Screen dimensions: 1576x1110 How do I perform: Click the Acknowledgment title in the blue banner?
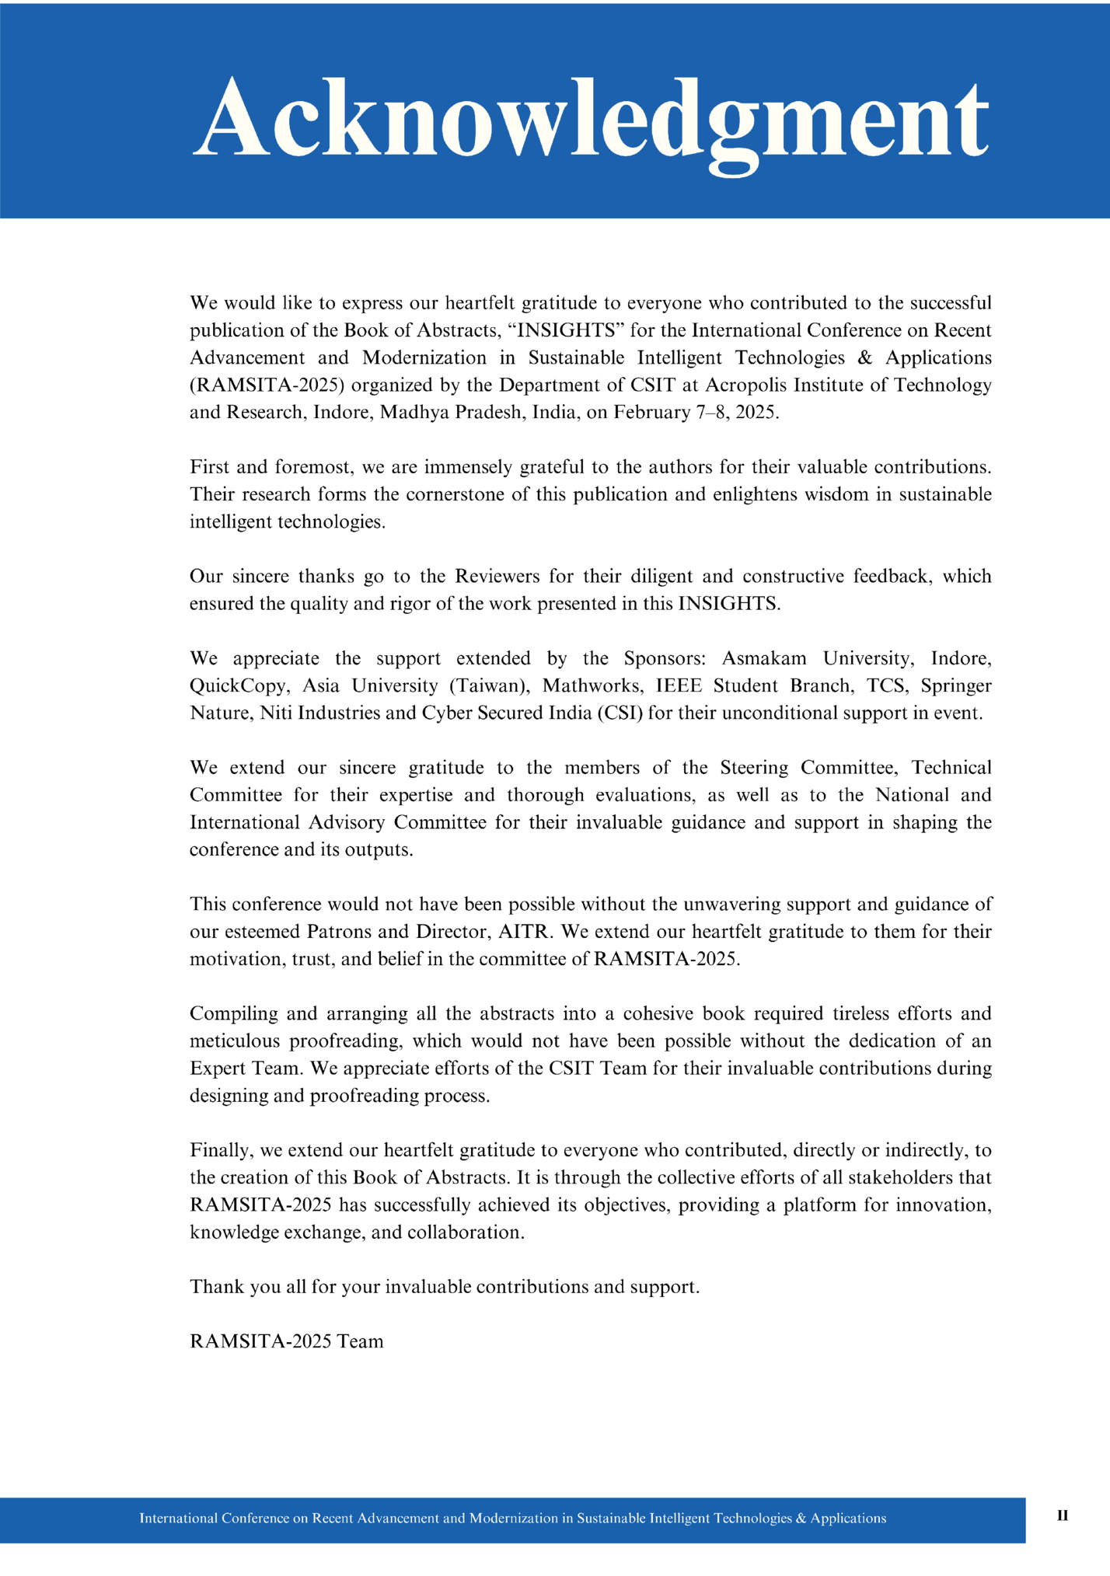591,118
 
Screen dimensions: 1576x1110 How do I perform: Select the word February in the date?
649,413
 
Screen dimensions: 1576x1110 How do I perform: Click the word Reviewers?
497,577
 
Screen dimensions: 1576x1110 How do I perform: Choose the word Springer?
957,686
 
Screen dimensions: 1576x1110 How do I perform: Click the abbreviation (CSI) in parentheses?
620,713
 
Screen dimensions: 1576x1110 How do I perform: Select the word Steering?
754,768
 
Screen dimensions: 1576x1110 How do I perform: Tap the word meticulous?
234,1041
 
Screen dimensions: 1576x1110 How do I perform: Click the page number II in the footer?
1063,1515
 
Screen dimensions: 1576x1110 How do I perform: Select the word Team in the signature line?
360,1342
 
